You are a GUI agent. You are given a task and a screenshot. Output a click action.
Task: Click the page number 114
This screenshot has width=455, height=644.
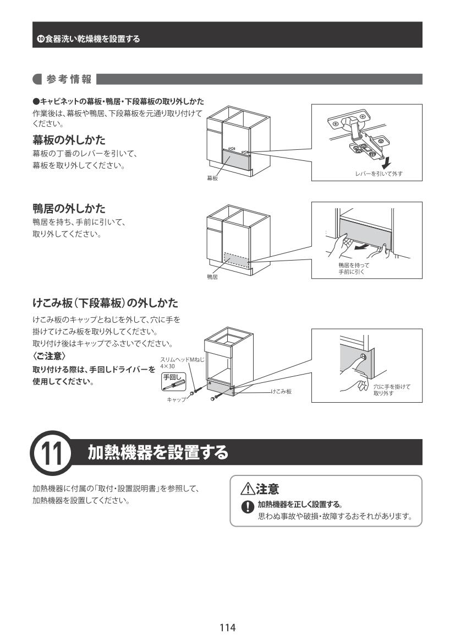(227, 627)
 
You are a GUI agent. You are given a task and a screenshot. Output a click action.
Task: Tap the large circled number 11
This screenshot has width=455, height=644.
(52, 453)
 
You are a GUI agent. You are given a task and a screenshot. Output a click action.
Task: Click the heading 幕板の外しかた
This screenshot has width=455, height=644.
(69, 140)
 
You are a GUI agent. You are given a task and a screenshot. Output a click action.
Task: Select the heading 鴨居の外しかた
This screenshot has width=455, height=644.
(69, 209)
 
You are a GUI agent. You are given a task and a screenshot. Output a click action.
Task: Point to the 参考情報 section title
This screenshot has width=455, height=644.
(69, 79)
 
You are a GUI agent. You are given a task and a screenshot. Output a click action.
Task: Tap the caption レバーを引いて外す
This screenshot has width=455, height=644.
(379, 174)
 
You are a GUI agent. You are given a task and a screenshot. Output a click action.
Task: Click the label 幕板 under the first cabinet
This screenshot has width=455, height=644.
(212, 178)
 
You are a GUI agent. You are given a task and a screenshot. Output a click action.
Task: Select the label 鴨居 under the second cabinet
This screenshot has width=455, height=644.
(212, 277)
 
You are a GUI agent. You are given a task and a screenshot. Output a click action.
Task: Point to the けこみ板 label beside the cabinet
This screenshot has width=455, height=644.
(281, 391)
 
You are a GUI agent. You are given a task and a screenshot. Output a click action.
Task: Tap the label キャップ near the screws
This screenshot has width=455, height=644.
(177, 399)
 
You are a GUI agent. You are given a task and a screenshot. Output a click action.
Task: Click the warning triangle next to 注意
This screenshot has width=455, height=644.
(248, 489)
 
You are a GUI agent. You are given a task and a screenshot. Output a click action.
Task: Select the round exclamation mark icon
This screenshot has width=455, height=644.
(248, 507)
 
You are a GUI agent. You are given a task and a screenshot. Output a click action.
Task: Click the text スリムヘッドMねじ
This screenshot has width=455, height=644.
(182, 359)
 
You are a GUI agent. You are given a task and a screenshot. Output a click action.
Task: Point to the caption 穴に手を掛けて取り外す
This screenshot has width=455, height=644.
(392, 390)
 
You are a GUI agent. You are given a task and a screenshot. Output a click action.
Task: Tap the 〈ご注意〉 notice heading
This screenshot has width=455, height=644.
(49, 356)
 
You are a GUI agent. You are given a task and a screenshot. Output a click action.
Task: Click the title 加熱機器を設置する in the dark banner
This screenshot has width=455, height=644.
(158, 452)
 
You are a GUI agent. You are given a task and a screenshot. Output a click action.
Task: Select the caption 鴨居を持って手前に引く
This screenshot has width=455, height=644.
(354, 269)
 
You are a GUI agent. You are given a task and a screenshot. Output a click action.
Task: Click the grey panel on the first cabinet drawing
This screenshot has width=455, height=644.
(235, 159)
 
